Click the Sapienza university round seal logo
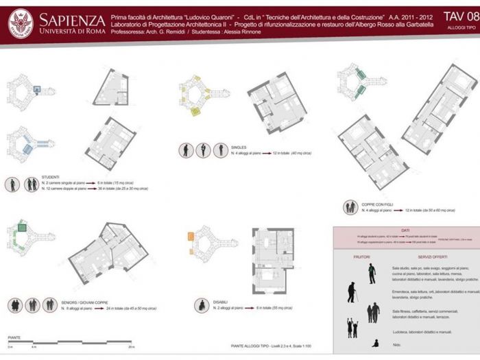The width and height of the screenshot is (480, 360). pyautogui.click(x=20, y=23)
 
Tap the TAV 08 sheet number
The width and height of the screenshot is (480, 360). pyautogui.click(x=460, y=16)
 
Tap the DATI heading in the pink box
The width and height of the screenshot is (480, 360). pyautogui.click(x=405, y=231)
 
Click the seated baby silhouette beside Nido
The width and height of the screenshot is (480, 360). pyautogui.click(x=374, y=343)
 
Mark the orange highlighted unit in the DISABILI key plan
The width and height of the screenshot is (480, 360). pyautogui.click(x=191, y=237)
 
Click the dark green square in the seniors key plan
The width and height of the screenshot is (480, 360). pyautogui.click(x=21, y=227)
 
